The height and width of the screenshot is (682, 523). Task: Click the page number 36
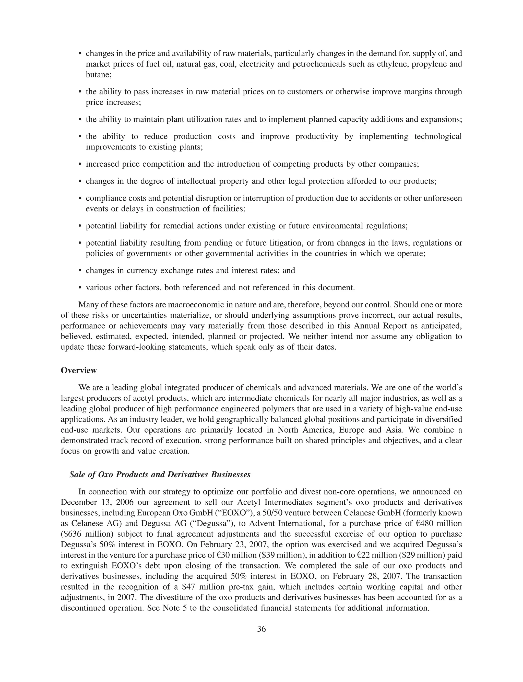[261, 629]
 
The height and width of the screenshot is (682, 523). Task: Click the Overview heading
[79, 371]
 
